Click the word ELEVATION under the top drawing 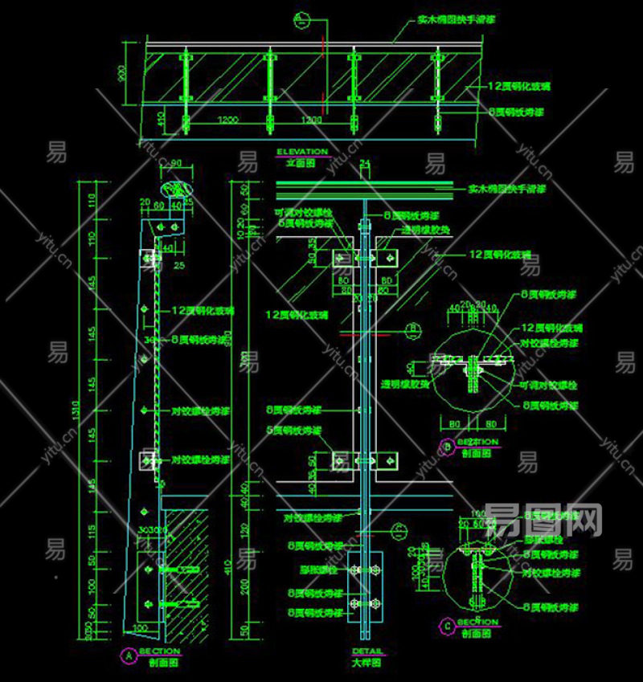coord(301,151)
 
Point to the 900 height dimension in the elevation coord(123,74)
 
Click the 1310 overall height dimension coord(76,410)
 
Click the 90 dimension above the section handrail coord(176,164)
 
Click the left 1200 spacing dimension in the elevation coord(227,120)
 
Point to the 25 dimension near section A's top coord(178,265)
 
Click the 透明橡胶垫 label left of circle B coord(406,385)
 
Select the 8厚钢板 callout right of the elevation coord(515,112)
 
